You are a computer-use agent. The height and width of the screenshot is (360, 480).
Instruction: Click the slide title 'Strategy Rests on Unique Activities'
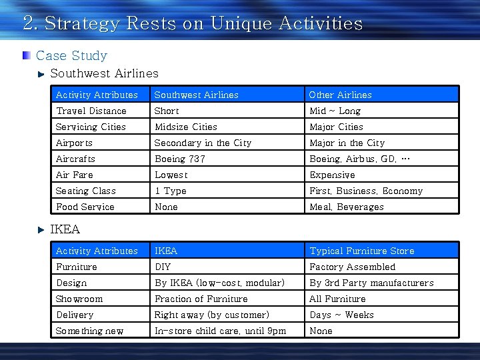pyautogui.click(x=193, y=24)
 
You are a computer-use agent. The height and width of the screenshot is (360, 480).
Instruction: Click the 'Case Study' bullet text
pyautogui.click(x=71, y=55)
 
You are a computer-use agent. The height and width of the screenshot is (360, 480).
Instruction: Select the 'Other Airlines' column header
pyautogui.click(x=340, y=95)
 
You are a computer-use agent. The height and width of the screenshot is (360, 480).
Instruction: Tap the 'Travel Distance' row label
pyautogui.click(x=91, y=111)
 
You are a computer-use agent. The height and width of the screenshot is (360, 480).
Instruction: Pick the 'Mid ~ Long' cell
pyautogui.click(x=335, y=111)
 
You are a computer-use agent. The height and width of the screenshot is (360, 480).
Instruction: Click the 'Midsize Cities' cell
pyautogui.click(x=186, y=127)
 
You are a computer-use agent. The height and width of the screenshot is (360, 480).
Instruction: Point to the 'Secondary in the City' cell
pyautogui.click(x=203, y=143)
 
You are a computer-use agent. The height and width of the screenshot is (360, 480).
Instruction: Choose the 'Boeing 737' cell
pyautogui.click(x=180, y=159)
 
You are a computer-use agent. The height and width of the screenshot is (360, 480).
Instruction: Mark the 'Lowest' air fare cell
pyautogui.click(x=171, y=175)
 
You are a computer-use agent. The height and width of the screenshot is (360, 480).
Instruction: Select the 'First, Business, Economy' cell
pyautogui.click(x=366, y=191)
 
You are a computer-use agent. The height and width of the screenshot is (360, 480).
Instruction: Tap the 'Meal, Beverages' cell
pyautogui.click(x=347, y=207)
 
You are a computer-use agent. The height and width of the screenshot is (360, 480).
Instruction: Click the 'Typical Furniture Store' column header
pyautogui.click(x=361, y=251)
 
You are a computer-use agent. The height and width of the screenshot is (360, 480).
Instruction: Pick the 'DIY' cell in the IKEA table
pyautogui.click(x=163, y=267)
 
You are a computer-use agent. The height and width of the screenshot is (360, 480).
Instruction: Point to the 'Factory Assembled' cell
pyautogui.click(x=352, y=267)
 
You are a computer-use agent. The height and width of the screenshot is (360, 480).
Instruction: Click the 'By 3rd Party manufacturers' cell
pyautogui.click(x=371, y=283)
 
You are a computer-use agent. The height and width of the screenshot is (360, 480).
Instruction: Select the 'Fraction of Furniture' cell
pyautogui.click(x=201, y=299)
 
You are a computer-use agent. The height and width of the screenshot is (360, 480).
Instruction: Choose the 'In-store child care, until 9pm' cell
pyautogui.click(x=220, y=331)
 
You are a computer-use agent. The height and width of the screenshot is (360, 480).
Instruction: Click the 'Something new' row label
pyautogui.click(x=89, y=331)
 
